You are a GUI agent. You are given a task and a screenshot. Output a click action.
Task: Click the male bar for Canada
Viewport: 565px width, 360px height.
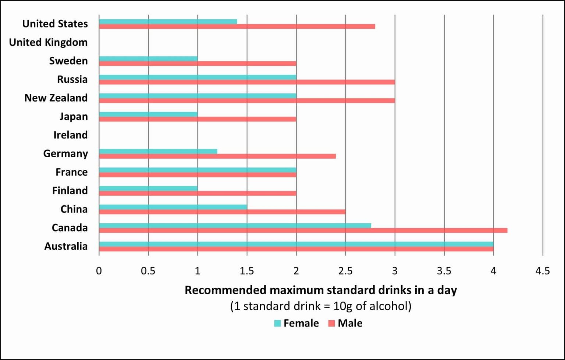[303, 230]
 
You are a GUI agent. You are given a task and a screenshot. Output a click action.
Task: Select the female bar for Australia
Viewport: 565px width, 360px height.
[296, 244]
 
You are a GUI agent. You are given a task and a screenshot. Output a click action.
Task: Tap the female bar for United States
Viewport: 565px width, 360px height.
[168, 22]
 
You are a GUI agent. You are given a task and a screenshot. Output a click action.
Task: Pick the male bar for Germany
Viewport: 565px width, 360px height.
[217, 156]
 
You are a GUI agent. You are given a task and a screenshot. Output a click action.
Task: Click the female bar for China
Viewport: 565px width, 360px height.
[173, 207]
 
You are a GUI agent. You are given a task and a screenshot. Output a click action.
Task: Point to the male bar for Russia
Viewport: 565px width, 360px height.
[247, 82]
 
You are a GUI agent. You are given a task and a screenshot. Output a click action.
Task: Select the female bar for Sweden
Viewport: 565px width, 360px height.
[148, 59]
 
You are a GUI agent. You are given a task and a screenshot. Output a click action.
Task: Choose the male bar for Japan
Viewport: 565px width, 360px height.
[198, 119]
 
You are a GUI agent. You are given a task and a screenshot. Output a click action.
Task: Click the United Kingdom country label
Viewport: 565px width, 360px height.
[48, 42]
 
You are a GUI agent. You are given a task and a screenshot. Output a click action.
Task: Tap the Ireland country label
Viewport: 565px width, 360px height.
[70, 135]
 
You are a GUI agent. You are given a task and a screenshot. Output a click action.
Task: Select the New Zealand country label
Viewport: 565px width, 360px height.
[56, 98]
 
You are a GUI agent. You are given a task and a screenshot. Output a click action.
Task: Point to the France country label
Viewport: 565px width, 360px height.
[71, 172]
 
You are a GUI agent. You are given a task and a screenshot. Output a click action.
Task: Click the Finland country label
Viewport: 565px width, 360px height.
[70, 191]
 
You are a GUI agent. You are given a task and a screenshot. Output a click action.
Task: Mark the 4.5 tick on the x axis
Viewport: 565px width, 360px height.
[543, 271]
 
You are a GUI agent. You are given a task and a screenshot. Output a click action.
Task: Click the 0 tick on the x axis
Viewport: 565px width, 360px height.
[99, 271]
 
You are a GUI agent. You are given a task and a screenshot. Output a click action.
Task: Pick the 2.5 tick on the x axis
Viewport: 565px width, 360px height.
[345, 271]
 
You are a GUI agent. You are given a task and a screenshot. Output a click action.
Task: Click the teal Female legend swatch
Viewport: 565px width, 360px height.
[277, 324]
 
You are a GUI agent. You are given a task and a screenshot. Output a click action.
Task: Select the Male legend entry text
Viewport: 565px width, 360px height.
[350, 323]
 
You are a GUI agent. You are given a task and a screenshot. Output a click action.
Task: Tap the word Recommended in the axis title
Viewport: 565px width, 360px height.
[225, 290]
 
